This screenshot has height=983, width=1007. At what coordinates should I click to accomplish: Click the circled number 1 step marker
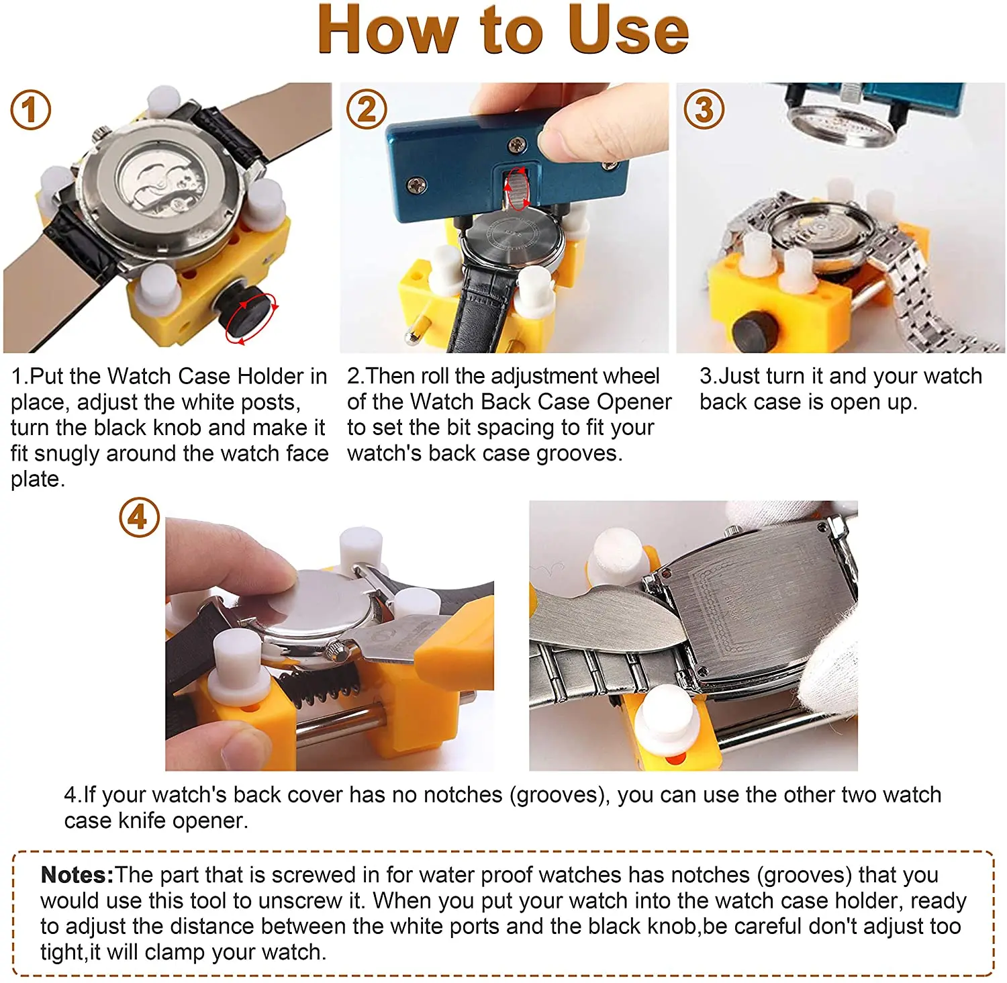coord(31,109)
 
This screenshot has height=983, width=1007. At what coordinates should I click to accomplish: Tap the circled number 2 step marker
coord(367,109)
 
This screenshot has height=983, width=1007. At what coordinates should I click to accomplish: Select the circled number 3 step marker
coord(704,109)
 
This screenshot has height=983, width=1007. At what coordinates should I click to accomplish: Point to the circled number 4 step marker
coord(139,517)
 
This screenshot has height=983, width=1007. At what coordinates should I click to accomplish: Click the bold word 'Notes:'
coord(77,875)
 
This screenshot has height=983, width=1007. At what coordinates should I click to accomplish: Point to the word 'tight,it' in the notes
coord(70,952)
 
